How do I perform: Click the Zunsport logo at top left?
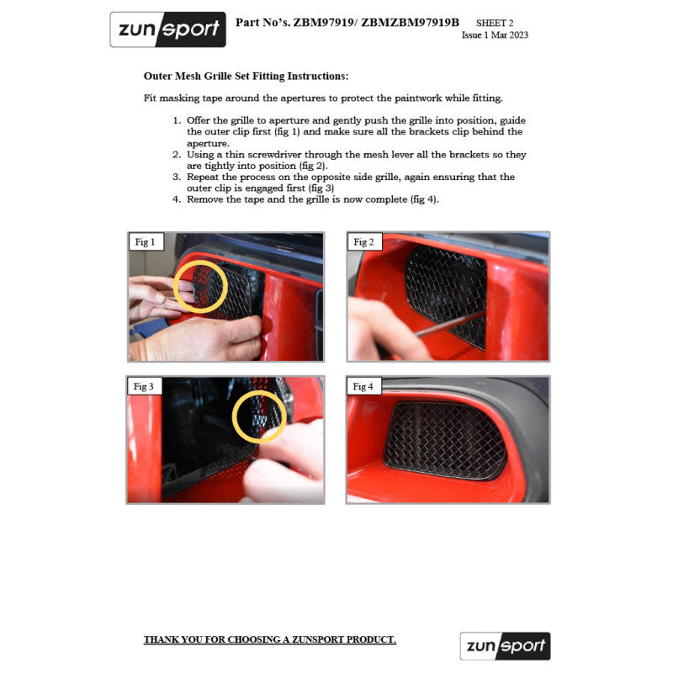coord(167,29)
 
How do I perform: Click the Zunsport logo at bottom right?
coord(505,646)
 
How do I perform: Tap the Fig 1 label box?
coord(145,242)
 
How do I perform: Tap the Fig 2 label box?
coord(363,242)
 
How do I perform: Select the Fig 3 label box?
coord(145,387)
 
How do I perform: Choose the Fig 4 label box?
coord(363,387)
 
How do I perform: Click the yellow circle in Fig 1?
coord(200,285)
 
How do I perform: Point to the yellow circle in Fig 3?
coord(258,415)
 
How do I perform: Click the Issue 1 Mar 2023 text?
coord(495,35)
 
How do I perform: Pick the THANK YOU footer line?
coord(269,640)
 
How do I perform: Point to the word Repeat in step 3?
coord(204,178)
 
